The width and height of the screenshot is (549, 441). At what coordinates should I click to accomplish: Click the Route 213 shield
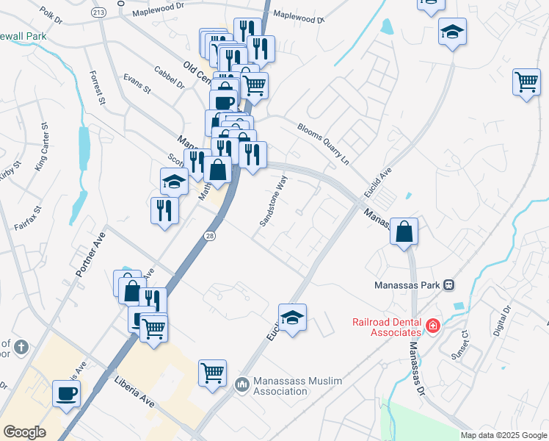[99, 13]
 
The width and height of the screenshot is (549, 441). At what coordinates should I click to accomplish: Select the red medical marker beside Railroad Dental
[433, 325]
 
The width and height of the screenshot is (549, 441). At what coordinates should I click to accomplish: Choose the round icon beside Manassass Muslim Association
[243, 384]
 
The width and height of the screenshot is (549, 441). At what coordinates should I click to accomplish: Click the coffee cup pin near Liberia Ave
[66, 392]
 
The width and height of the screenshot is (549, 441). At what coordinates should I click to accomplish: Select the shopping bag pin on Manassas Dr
[404, 232]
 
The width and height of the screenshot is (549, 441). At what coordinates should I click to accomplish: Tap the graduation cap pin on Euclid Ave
[292, 318]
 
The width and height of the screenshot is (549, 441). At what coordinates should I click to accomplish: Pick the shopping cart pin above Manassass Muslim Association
[212, 372]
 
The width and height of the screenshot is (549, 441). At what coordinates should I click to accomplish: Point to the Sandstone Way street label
[273, 201]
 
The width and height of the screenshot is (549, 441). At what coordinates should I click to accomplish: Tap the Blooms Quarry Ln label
[324, 142]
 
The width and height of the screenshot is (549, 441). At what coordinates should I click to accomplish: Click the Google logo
[24, 432]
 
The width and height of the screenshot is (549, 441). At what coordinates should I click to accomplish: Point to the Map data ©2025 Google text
[503, 435]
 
